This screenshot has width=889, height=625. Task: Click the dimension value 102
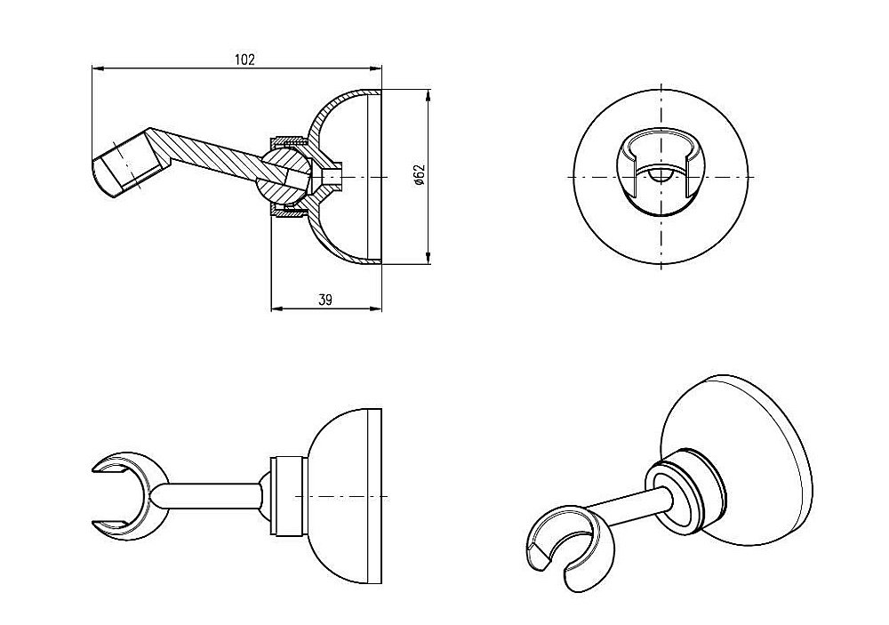(x=245, y=60)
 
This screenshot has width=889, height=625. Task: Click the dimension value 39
(x=324, y=300)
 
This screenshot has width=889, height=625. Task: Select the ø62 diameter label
(x=419, y=175)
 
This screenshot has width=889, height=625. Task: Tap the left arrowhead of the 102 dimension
(x=98, y=69)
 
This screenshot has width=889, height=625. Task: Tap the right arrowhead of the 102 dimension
(x=376, y=69)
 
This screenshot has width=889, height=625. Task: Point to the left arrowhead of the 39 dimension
(x=277, y=309)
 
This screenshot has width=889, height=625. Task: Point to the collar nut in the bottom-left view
(x=290, y=496)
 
